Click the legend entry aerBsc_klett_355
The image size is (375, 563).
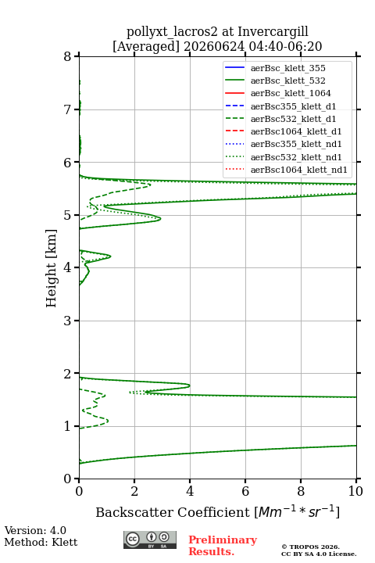pos(287,68)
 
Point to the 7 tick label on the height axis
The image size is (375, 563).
pos(67,109)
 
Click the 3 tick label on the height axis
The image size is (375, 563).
pos(67,321)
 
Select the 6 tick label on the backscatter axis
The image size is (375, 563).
pos(245,491)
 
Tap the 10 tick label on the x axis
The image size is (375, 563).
pos(355,491)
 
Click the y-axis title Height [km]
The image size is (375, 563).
pos(52,268)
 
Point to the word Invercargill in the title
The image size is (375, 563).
pos(273,32)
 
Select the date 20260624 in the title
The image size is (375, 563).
pos(214,47)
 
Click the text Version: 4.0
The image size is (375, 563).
pos(35,530)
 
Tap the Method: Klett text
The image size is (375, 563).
pos(41,542)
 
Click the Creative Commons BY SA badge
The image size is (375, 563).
pos(150,540)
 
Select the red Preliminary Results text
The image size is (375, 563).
pos(223,546)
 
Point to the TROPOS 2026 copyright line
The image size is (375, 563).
pos(311,547)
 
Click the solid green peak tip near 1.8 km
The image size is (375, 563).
pos(190,386)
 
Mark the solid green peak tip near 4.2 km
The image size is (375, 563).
pos(110,256)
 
